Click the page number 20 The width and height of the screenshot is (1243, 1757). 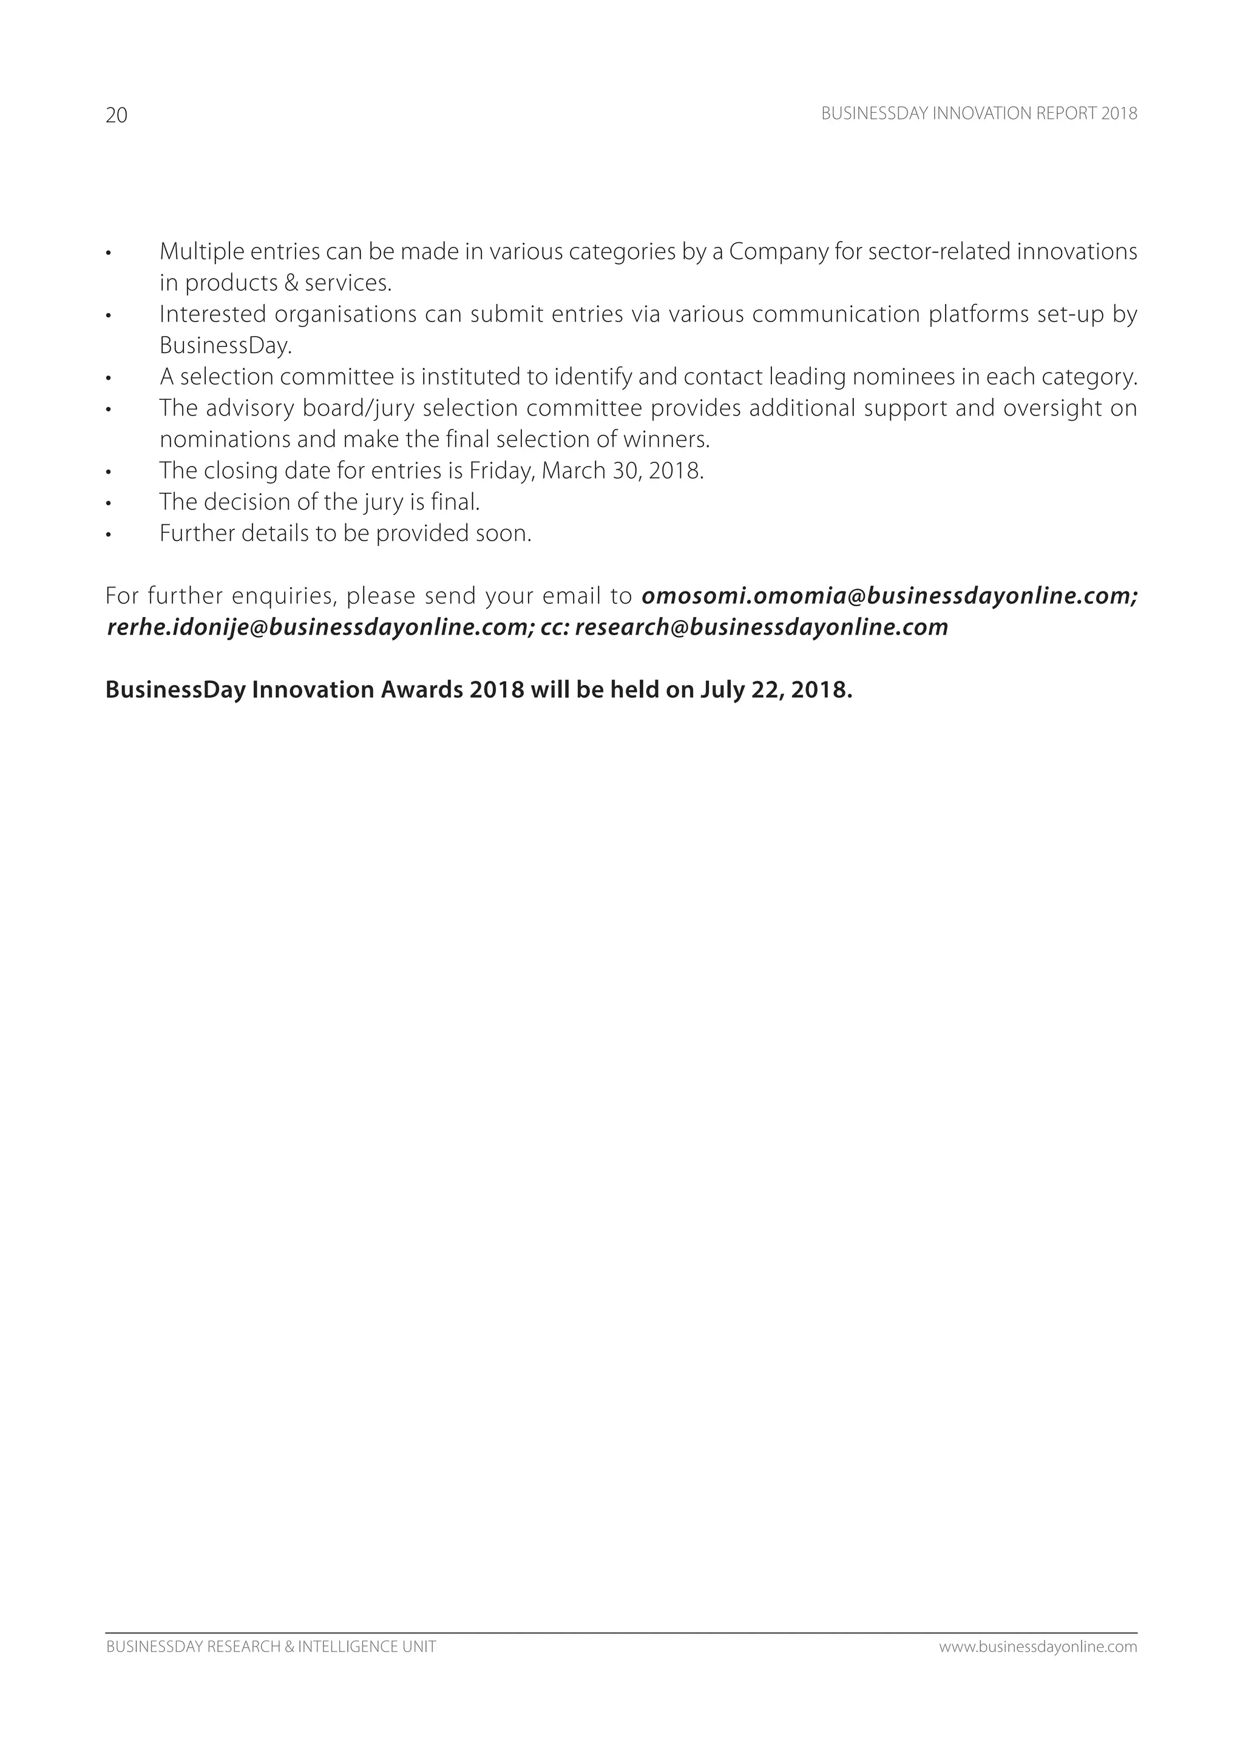click(117, 115)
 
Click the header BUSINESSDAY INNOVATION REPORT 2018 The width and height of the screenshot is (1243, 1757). click(979, 114)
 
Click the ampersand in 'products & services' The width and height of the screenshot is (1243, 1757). click(291, 283)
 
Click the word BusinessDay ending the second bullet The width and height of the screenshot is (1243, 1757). click(225, 346)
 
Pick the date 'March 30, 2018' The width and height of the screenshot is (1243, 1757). click(622, 471)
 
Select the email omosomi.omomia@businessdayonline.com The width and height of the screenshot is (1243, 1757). click(888, 596)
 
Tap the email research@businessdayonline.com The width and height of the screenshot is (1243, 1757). click(762, 627)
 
